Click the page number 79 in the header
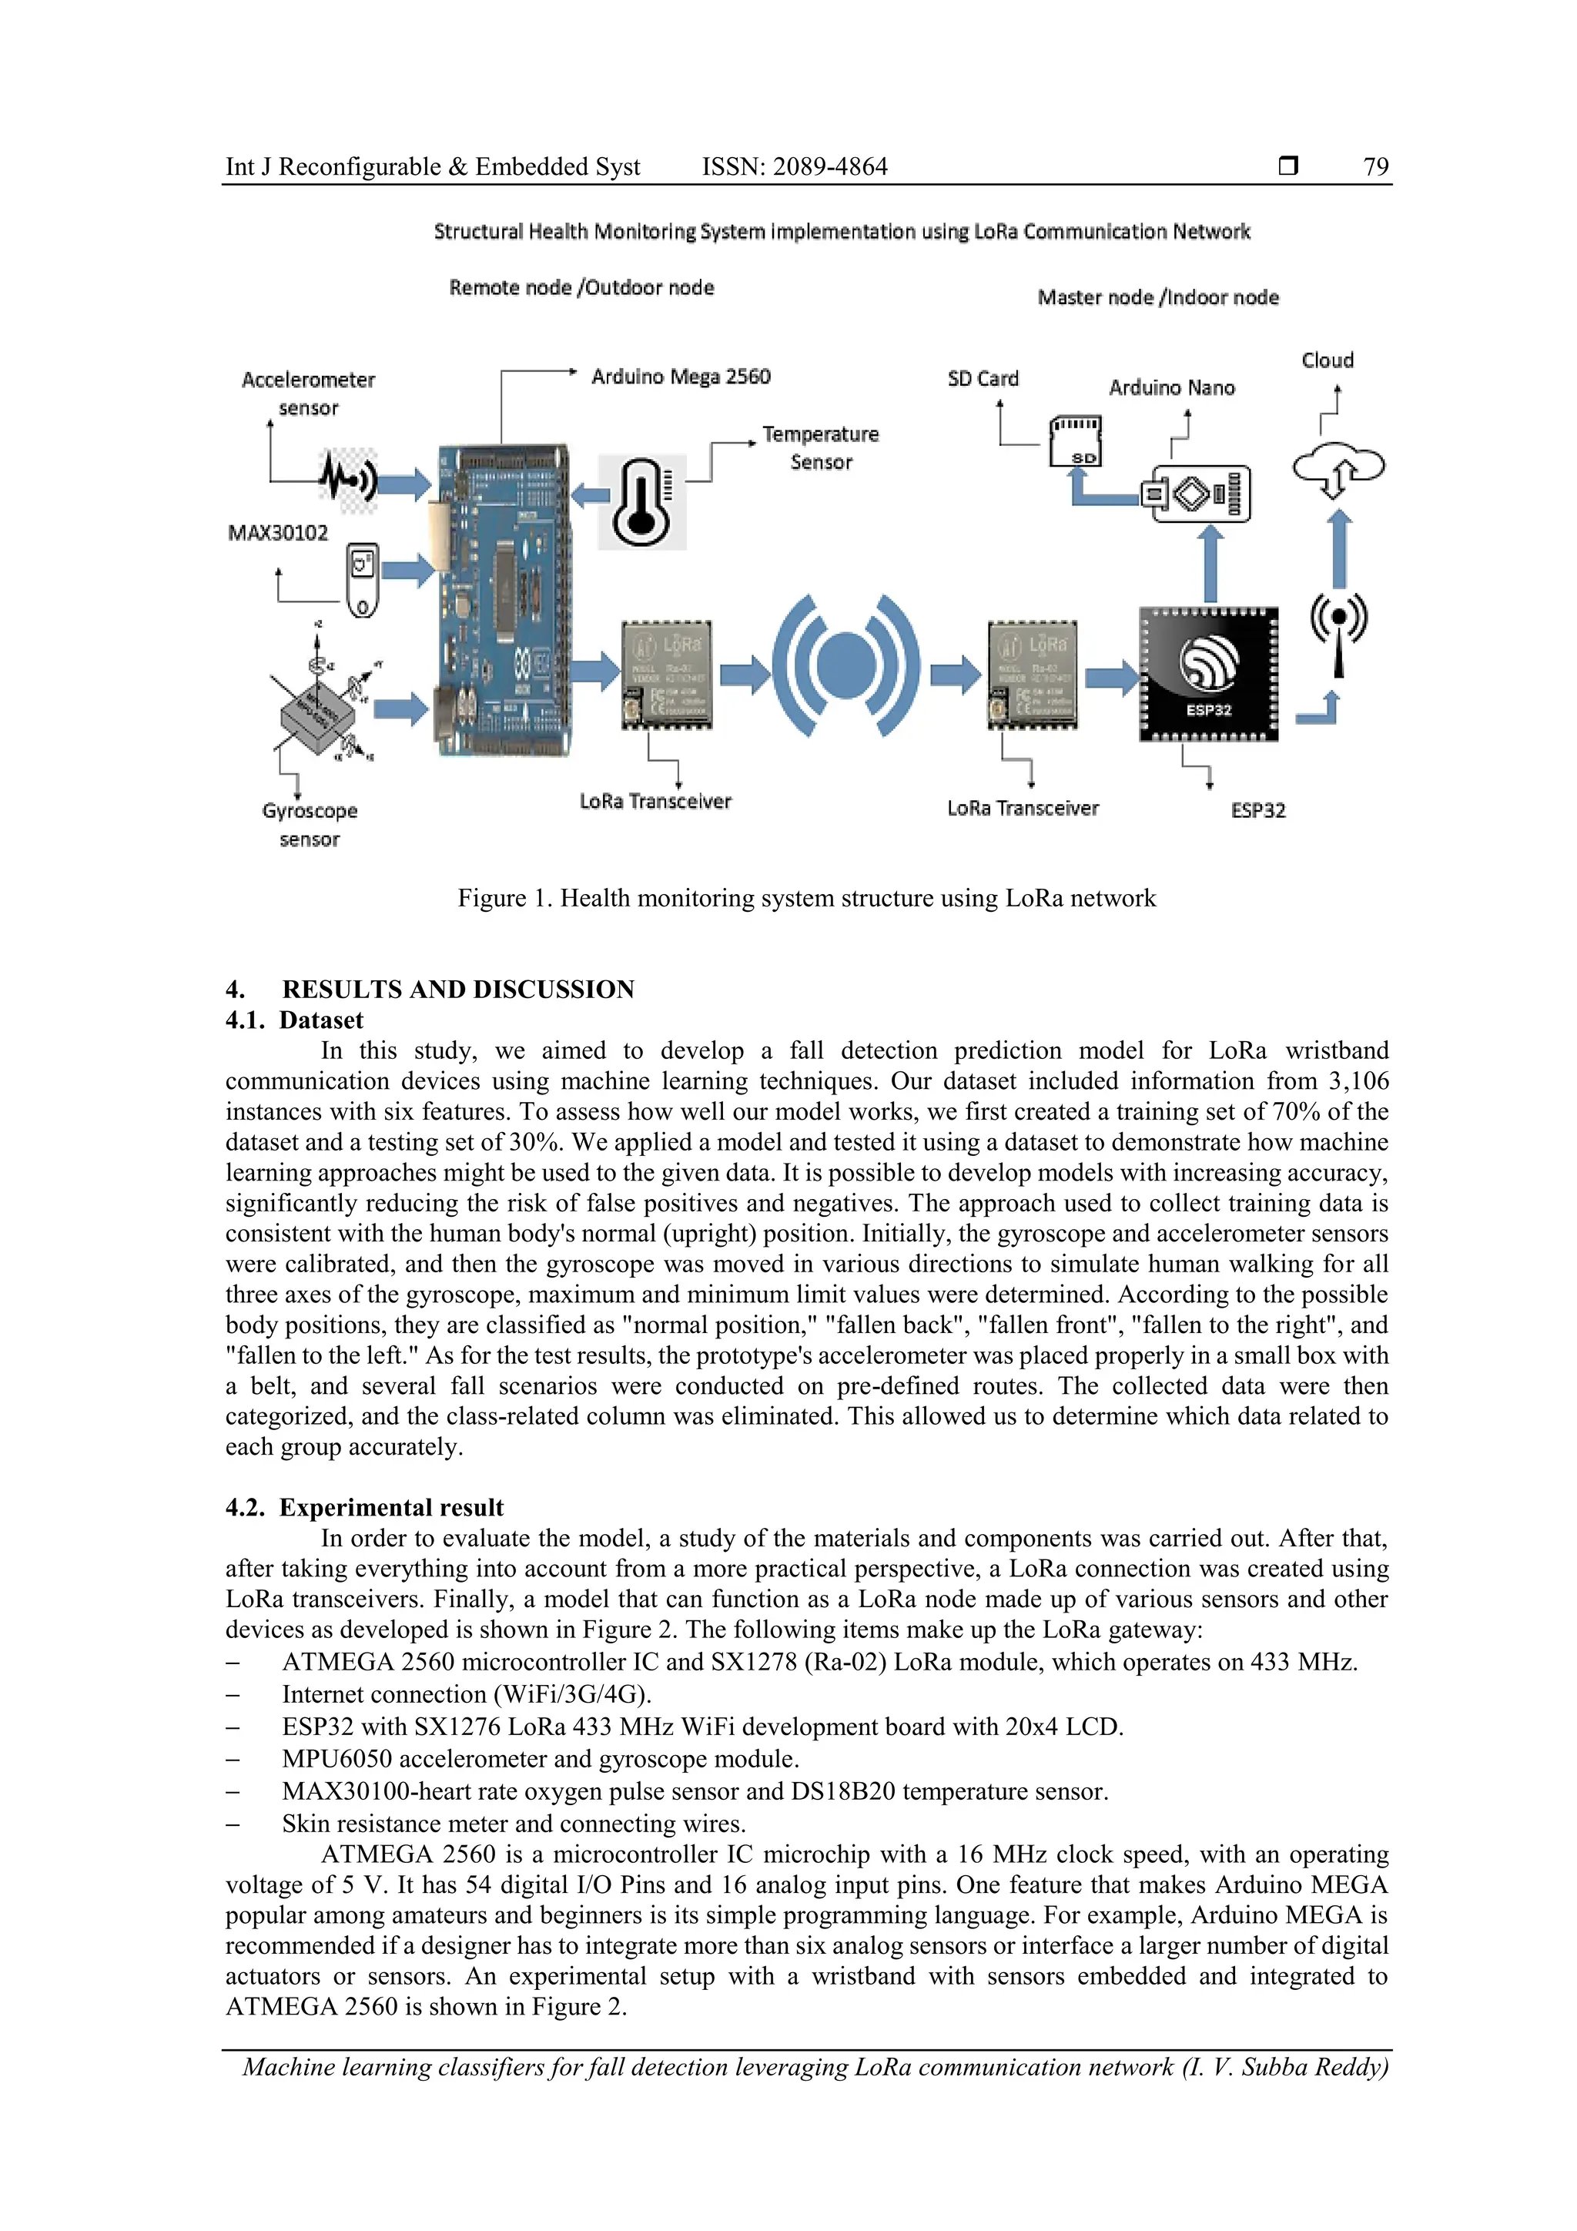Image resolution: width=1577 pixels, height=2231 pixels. pos(1375,167)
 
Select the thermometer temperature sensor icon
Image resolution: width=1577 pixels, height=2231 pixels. pos(641,501)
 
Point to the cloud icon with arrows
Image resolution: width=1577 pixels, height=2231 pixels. pos(1338,468)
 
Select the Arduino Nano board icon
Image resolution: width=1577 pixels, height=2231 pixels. pos(1201,494)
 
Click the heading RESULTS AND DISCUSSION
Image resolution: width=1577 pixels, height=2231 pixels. pos(457,990)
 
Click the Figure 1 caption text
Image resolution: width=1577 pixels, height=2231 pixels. pos(806,899)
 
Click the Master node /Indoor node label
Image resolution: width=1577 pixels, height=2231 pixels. pos(1157,298)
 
